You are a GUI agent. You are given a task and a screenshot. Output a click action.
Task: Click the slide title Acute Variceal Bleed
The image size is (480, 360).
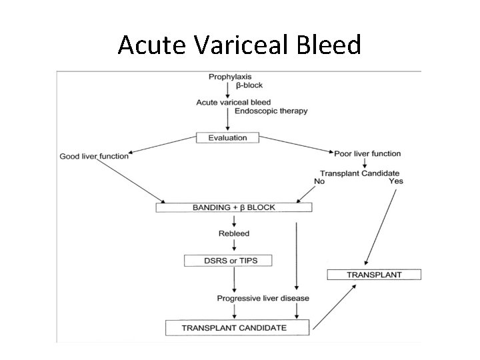point(239,45)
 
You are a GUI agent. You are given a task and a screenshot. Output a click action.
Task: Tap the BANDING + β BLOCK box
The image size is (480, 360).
point(234,208)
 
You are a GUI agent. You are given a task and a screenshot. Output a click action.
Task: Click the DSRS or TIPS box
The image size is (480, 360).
point(229,260)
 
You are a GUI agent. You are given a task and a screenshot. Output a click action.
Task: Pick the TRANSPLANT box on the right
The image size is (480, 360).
point(374,275)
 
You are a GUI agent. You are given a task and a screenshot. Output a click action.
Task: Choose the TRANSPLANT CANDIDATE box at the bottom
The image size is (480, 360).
point(237,327)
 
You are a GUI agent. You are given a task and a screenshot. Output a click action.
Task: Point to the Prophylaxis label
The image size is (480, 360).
point(230,77)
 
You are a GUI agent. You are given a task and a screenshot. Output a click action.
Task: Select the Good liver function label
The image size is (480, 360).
point(94,157)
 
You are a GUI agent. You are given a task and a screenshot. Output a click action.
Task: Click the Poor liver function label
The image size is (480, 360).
point(367,154)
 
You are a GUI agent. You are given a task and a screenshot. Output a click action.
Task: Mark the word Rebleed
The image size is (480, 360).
point(233,233)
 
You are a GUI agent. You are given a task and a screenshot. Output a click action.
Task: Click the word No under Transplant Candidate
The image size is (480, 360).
point(319,181)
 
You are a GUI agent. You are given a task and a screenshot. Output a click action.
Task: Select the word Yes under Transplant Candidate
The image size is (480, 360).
point(396,181)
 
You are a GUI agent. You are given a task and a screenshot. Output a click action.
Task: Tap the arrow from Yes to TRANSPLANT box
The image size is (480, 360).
point(381,227)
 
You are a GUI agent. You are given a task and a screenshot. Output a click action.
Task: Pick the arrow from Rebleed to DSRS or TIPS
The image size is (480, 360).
point(233,246)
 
